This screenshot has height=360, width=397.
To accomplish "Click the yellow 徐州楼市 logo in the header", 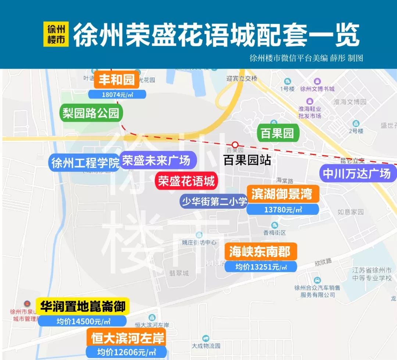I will (56, 34).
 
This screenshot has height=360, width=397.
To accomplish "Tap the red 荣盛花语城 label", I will (186, 181).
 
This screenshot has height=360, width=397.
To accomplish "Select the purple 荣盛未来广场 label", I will (157, 161).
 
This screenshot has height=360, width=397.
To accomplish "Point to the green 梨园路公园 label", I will (91, 113).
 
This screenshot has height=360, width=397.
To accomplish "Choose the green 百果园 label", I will (277, 133).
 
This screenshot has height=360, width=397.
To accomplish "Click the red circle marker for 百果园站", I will (235, 144).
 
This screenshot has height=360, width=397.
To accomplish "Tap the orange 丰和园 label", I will (117, 80).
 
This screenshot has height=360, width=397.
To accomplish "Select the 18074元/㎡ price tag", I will (117, 94).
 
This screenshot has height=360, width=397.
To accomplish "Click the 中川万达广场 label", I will (356, 173).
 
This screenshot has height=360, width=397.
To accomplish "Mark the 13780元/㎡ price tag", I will (282, 210).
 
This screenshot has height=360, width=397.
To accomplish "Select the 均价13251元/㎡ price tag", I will (261, 267).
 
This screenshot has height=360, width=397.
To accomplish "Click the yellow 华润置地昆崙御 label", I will (83, 306).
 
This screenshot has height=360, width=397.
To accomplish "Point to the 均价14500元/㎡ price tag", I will (83, 321).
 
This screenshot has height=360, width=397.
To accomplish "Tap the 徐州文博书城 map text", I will (317, 89).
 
